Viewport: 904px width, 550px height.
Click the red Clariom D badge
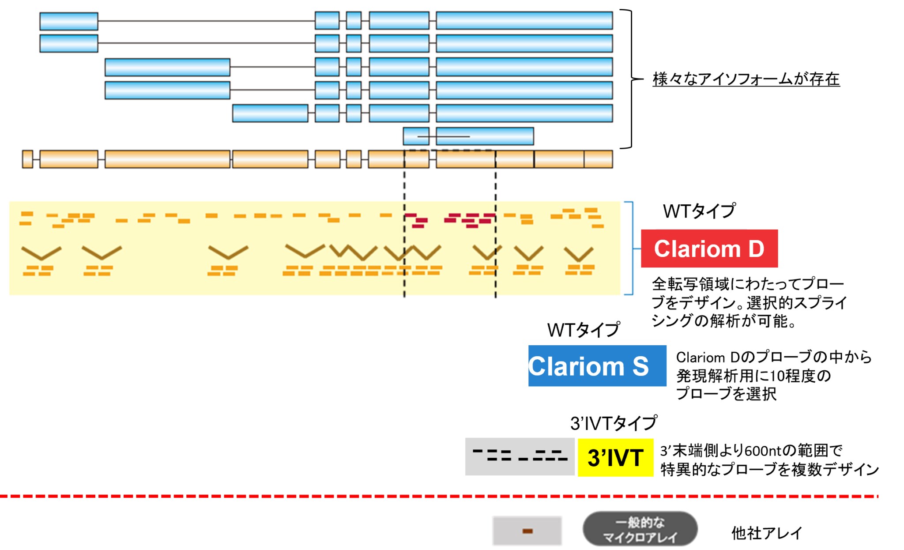pyautogui.click(x=709, y=249)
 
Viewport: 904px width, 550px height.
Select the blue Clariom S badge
pyautogui.click(x=597, y=366)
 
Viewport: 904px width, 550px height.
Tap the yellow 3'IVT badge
pyautogui.click(x=615, y=457)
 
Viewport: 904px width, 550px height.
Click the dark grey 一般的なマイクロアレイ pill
pyautogui.click(x=640, y=529)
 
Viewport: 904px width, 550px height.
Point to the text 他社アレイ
pyautogui.click(x=766, y=533)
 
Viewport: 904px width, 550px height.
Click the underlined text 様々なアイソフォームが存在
pyautogui.click(x=746, y=79)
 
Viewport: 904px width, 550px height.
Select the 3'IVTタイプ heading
pyautogui.click(x=614, y=423)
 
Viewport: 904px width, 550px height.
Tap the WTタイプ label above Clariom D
pyautogui.click(x=699, y=211)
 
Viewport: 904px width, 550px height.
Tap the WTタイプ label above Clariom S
pyautogui.click(x=583, y=330)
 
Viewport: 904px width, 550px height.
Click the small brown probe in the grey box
pyautogui.click(x=527, y=531)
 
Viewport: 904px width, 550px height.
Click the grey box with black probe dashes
pyautogui.click(x=520, y=456)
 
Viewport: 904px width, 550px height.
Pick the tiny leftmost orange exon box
pyautogui.click(x=27, y=159)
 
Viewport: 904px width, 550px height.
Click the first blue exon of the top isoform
pyautogui.click(x=68, y=21)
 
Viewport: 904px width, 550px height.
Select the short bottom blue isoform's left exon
pyautogui.click(x=416, y=136)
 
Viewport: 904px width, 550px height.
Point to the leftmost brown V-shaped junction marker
pyautogui.click(x=41, y=253)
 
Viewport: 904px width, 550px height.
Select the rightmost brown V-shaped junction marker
pyautogui.click(x=579, y=255)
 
